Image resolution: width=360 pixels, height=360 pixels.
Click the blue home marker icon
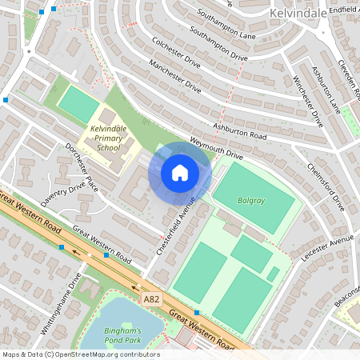tap(180, 173)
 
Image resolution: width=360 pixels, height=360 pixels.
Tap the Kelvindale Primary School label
tap(106, 138)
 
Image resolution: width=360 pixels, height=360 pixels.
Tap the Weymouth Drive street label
tap(216, 147)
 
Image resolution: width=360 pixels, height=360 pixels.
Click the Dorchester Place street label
tap(81, 163)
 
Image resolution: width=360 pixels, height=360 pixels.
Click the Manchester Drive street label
tap(174, 77)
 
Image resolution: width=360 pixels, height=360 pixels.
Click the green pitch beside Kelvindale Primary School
tap(78, 104)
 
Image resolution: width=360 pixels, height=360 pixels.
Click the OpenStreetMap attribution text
tap(81, 354)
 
